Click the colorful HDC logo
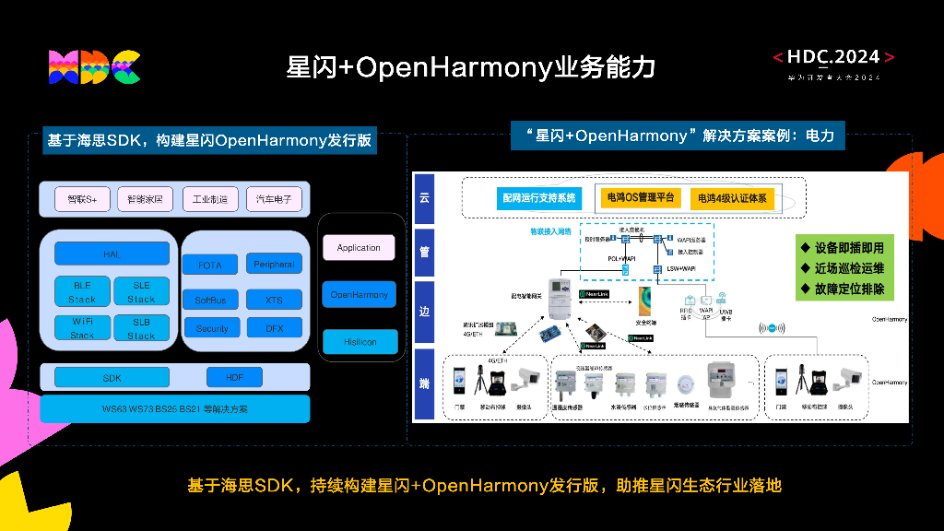94,67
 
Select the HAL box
112,254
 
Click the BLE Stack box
82,292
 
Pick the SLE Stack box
141,292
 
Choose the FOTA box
210,265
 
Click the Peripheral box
274,265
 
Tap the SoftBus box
210,300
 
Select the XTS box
274,300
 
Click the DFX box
274,328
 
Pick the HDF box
231,377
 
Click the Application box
359,248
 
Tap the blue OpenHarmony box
359,295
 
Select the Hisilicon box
359,342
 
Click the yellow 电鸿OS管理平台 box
639,197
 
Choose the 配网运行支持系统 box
538,197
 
